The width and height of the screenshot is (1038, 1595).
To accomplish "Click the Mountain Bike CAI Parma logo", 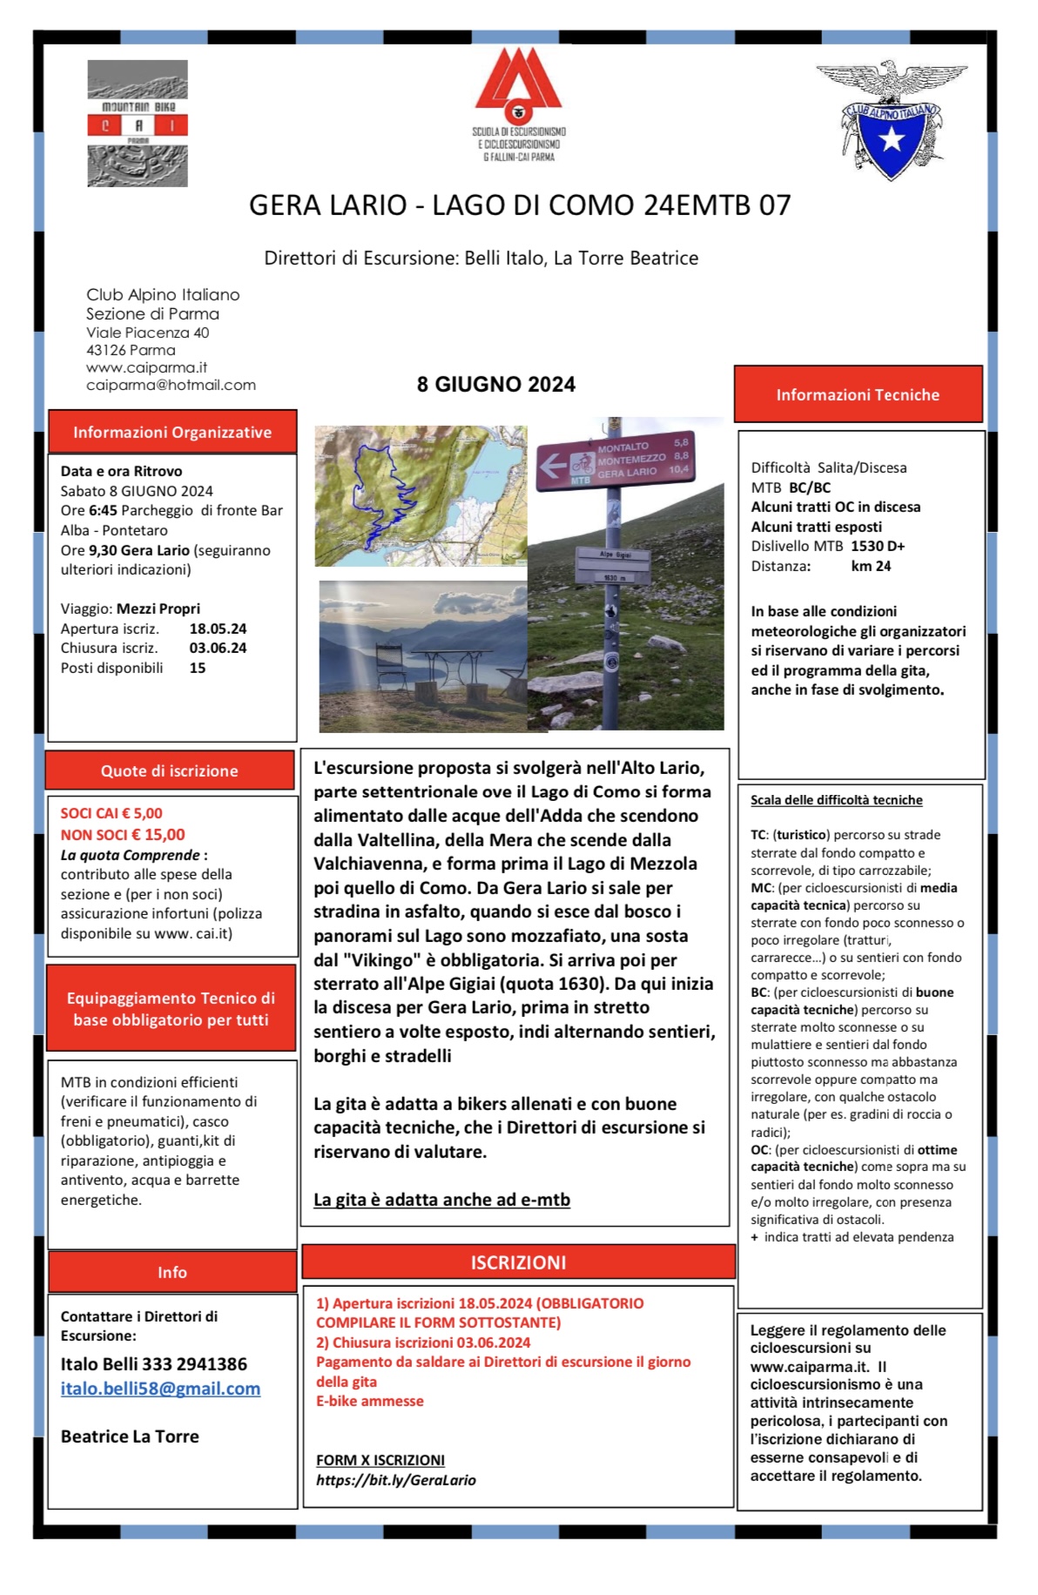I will (x=138, y=124).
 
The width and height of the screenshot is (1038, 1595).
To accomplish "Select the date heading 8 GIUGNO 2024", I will (x=495, y=385).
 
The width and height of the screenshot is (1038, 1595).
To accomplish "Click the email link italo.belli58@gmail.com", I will (x=160, y=1389).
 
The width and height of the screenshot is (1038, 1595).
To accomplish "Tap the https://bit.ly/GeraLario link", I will (x=396, y=1480).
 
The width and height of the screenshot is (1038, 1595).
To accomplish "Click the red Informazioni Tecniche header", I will (x=858, y=395).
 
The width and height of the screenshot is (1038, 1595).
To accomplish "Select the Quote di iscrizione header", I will (x=170, y=771).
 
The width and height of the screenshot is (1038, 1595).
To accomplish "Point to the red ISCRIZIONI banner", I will (x=518, y=1262).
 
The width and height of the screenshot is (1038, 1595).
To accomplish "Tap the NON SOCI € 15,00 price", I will (x=123, y=834).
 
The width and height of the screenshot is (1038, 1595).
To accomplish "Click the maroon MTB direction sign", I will (x=616, y=460).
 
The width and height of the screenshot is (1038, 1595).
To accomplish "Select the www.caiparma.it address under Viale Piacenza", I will (x=146, y=367).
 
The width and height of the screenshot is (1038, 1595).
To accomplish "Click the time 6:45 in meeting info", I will (x=103, y=511).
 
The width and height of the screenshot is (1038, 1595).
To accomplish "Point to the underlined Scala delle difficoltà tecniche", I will (x=836, y=800).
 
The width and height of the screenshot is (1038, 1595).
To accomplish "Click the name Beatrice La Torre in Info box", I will (x=130, y=1437).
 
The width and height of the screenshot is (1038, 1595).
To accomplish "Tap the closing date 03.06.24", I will (x=218, y=648).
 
